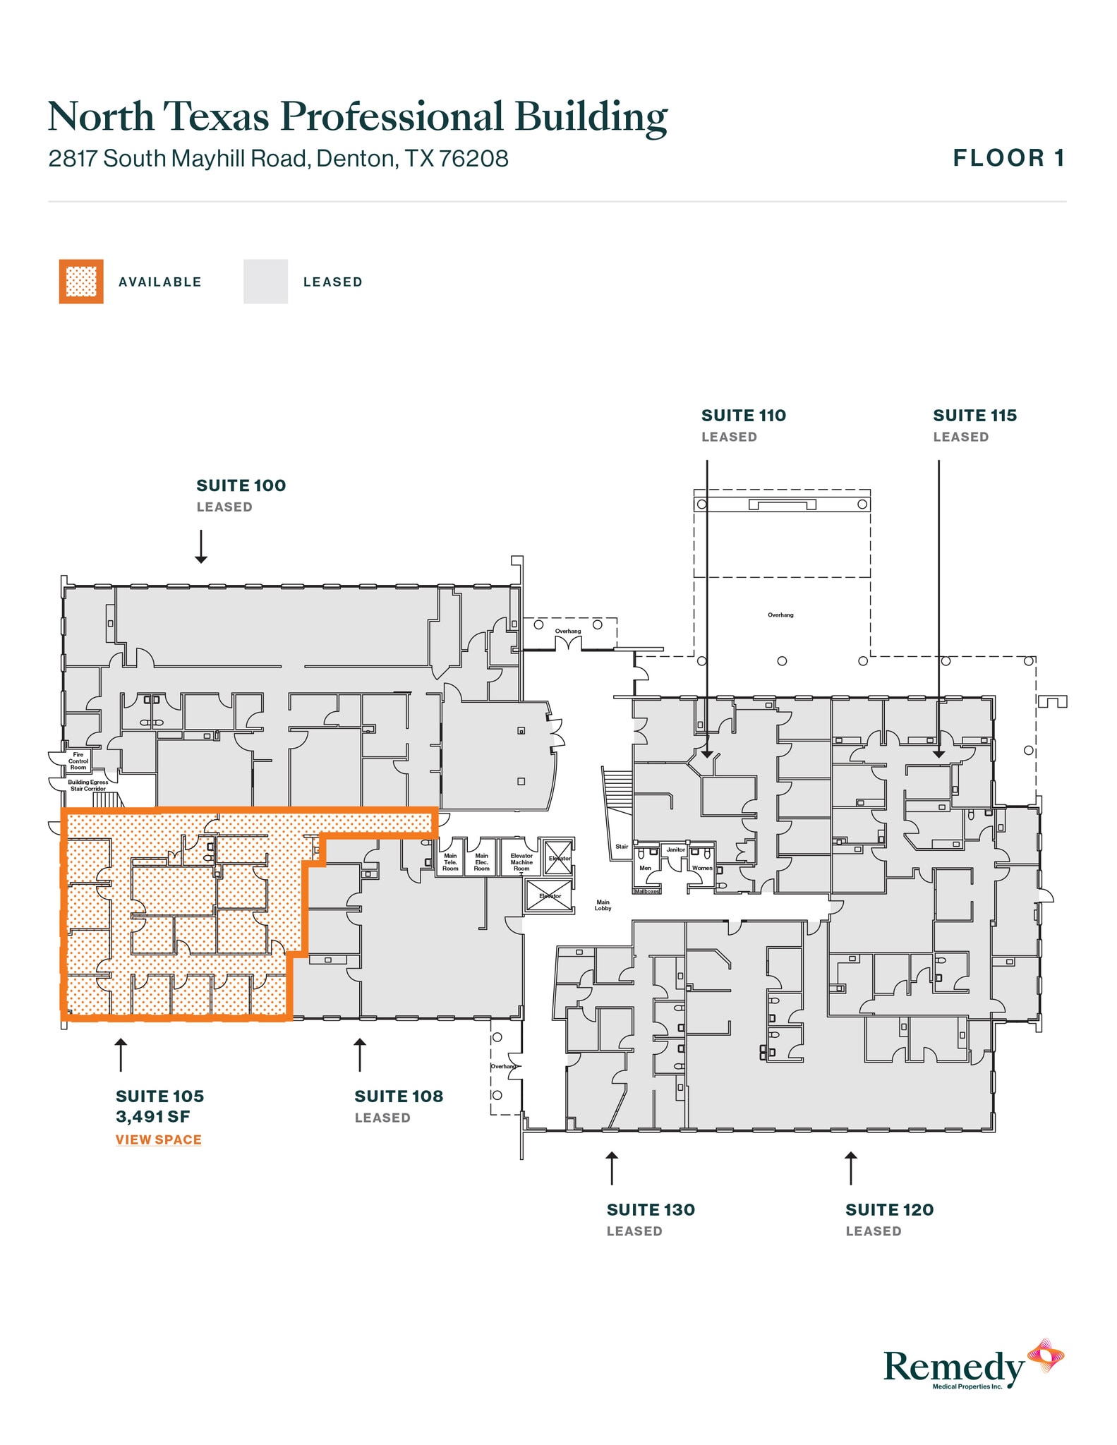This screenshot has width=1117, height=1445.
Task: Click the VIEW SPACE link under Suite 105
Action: point(159,1139)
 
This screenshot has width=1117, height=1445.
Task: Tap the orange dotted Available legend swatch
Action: point(81,282)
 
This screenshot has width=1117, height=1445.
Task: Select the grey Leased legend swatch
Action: point(265,282)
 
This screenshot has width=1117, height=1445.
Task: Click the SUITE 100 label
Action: point(241,485)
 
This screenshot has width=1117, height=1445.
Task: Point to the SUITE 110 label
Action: point(743,416)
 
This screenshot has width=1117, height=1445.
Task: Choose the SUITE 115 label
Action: point(974,416)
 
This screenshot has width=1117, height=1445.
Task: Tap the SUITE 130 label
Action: point(651,1209)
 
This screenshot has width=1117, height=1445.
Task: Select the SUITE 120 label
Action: point(889,1209)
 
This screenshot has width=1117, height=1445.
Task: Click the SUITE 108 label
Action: point(399,1096)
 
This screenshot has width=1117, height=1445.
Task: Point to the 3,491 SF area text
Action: point(153,1116)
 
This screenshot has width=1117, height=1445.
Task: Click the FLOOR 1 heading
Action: point(1008,158)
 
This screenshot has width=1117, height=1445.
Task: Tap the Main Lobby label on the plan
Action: point(603,905)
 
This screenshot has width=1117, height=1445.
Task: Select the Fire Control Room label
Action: point(78,761)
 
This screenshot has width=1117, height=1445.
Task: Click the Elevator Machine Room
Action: point(521,862)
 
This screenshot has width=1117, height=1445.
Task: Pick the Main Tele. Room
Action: point(450,862)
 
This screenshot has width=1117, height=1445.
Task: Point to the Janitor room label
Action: point(675,850)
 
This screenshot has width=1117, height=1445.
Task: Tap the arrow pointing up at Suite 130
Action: point(612,1168)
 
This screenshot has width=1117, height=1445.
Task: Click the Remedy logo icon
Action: point(1045,1356)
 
